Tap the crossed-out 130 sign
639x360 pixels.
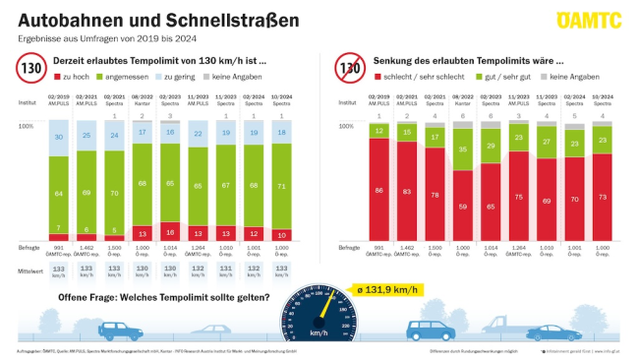(x=349, y=68)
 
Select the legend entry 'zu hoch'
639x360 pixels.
(x=74, y=76)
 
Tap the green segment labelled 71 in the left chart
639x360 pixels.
(x=284, y=184)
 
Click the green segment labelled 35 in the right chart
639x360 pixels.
(x=462, y=150)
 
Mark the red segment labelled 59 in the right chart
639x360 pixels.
(x=462, y=206)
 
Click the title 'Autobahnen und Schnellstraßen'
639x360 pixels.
(x=133, y=19)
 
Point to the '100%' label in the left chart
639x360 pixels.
(x=27, y=127)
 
